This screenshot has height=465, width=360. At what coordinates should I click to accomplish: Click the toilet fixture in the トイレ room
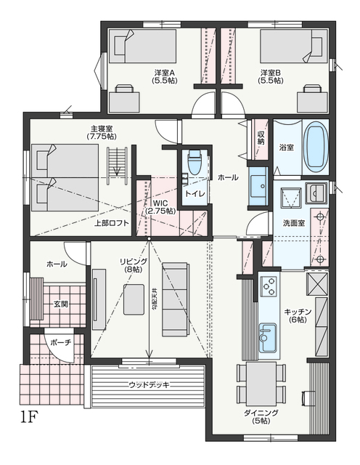pos(195,162)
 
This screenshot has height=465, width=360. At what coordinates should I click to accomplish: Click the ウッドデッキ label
pos(150,385)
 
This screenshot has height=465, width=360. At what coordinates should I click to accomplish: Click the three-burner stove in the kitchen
pos(269,286)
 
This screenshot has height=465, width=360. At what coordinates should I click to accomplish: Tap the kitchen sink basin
pos(268,336)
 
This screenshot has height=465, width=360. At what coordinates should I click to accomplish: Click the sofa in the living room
pos(175,299)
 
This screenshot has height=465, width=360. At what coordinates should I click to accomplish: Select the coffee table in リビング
pos(134,299)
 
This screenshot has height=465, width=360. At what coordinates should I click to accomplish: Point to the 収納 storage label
pos(261,137)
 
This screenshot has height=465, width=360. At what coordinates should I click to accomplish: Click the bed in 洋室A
pos(142,46)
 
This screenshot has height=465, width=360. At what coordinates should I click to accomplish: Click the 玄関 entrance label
pos(61,304)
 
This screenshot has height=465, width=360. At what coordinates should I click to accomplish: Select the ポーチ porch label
pos(61,342)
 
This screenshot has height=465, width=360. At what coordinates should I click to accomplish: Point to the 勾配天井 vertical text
pos(155,299)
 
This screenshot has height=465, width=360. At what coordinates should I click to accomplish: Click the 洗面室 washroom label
pos(294,223)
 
